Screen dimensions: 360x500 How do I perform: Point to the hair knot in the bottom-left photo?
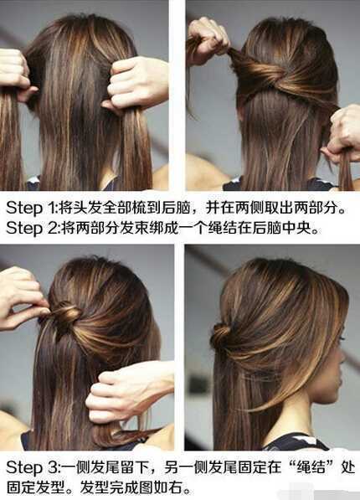[x=66, y=317]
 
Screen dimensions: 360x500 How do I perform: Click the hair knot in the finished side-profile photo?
[x=219, y=337]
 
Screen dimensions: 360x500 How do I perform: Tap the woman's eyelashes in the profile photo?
[x=342, y=337]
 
